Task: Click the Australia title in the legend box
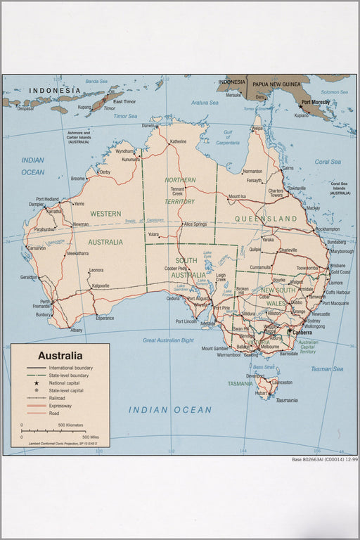60,356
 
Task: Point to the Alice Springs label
195,224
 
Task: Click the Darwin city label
149,126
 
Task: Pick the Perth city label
44,302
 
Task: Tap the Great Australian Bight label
168,340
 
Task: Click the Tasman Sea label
327,368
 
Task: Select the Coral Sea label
328,162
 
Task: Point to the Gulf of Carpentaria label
227,137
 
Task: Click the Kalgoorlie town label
96,285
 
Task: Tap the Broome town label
77,179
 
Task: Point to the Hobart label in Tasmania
261,394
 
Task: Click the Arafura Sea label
205,103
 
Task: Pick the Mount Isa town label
237,196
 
